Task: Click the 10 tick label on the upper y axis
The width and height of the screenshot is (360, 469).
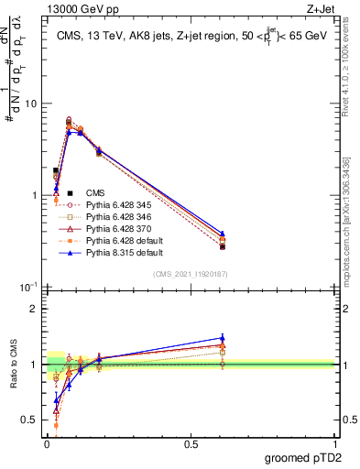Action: tap(30, 104)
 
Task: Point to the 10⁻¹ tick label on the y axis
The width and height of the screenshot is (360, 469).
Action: tap(27, 287)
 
